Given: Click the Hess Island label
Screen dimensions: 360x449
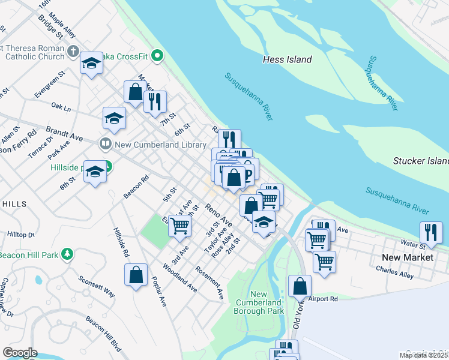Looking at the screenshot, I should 287,59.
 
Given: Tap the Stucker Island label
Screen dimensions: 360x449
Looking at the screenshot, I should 421,161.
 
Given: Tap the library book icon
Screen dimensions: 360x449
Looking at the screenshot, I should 105,144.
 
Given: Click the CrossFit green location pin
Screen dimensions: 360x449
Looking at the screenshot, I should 158,56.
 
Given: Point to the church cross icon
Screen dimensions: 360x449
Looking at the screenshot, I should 73,52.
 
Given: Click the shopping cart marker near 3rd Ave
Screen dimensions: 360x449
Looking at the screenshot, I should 179,226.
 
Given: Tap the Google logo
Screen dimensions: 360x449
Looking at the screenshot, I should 20,353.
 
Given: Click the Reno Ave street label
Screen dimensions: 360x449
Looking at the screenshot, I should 218,215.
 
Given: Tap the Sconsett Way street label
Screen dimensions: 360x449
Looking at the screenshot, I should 96,287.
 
